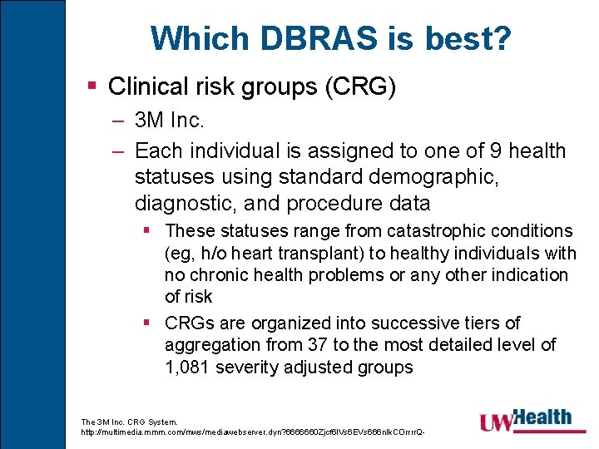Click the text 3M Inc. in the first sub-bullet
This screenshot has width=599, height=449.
click(x=169, y=121)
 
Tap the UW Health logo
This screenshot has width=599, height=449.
click(x=525, y=420)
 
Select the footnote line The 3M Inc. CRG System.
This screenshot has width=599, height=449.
click(x=130, y=422)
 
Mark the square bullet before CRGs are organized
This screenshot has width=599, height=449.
click(x=146, y=323)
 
